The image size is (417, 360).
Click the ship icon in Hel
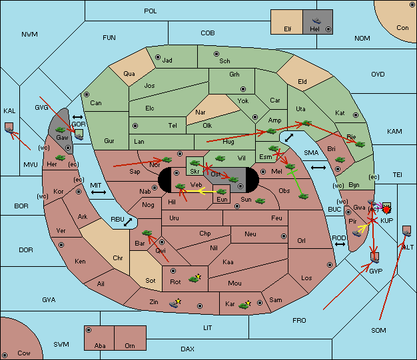coord(316,21)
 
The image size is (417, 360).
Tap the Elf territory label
coord(288,29)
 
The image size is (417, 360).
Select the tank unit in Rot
coord(194,279)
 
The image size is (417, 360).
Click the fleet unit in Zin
coord(174,303)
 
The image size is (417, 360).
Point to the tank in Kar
coord(244,305)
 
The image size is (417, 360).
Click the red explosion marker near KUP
coord(386,210)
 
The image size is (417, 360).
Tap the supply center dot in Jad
coord(158,57)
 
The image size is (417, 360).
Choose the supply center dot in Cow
coord(5,355)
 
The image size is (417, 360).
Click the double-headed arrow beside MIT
coord(99,192)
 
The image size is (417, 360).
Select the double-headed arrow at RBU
coord(128,222)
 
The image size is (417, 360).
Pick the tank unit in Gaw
coord(60,130)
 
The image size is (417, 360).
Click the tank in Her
coord(60,158)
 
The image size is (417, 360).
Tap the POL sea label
coord(151,11)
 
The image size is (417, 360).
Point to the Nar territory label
coord(201,112)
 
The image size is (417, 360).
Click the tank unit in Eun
coord(221,192)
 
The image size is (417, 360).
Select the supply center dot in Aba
coord(89,330)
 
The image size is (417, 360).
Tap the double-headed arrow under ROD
coord(340,244)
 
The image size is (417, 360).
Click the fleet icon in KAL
coord(9,130)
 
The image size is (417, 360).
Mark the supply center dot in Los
coord(330,265)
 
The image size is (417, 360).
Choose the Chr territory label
coord(117,258)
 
